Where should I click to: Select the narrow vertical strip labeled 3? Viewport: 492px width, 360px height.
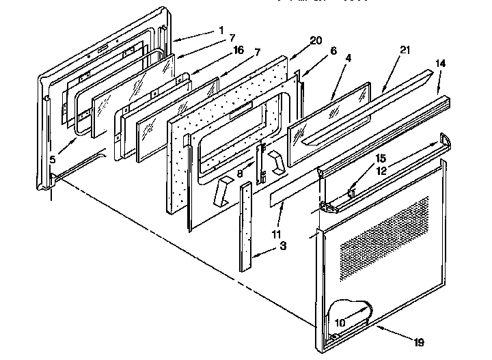[245, 225]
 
